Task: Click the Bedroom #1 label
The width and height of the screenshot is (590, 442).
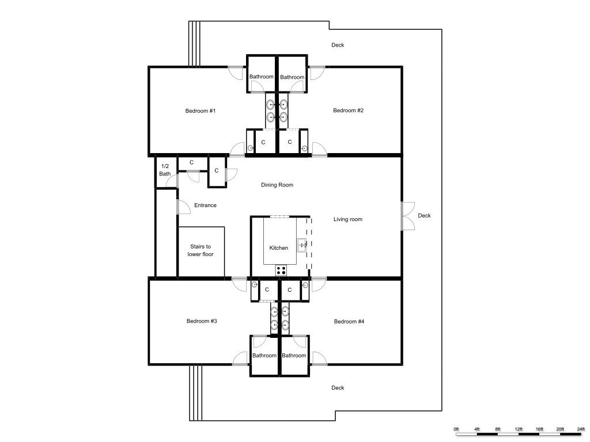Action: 200,111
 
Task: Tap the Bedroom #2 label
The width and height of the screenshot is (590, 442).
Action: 348,110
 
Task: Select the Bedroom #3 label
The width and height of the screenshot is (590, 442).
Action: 202,321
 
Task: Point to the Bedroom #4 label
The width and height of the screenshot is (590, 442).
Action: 349,321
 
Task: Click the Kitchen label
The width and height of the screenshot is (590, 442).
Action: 279,247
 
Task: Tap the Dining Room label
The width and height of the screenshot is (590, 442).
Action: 277,185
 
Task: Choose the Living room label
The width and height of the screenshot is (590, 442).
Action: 347,219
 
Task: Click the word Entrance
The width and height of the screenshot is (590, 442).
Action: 205,205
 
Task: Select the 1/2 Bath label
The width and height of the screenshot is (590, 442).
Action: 165,170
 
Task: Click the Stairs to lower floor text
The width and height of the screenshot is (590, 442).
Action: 201,250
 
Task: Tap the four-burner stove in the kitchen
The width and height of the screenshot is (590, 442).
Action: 281,270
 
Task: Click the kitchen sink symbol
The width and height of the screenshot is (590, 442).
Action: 302,245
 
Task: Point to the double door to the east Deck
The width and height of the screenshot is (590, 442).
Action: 408,216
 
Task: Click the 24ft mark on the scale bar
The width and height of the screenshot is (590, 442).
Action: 581,429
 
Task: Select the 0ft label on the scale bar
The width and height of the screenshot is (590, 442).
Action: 456,429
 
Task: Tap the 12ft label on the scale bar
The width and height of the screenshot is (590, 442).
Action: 519,429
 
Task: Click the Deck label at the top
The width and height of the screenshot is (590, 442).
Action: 338,45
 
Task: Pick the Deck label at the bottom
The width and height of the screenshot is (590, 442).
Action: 338,388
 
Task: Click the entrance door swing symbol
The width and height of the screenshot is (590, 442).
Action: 183,207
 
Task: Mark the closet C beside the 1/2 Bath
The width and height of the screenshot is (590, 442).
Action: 191,162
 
